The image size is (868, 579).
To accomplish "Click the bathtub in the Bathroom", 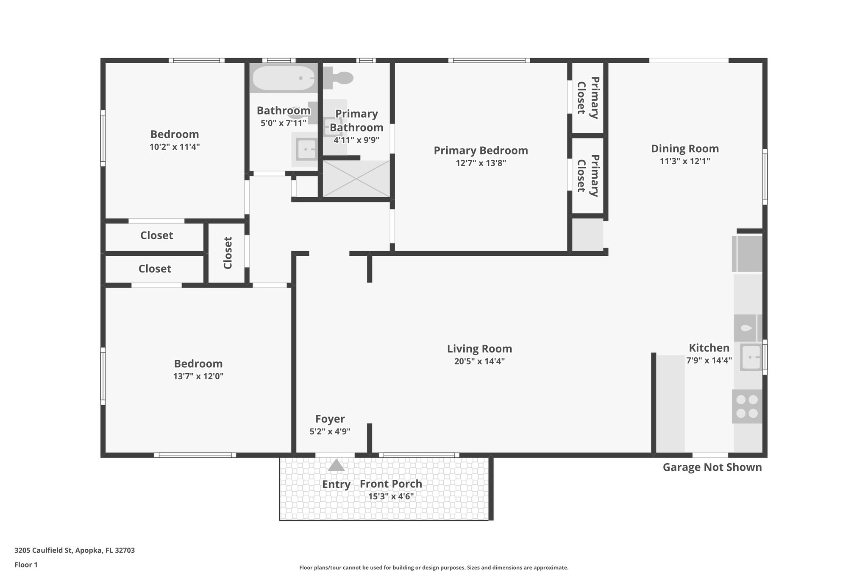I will (283, 78).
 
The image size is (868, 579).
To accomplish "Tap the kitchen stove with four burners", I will (747, 406).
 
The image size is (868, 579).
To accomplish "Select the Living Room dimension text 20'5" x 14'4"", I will (479, 361).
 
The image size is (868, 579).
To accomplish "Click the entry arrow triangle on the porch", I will (336, 465).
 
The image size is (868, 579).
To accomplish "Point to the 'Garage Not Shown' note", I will (712, 467).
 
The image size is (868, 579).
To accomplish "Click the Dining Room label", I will (684, 149).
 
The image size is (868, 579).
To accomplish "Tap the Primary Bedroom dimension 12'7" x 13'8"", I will (481, 163).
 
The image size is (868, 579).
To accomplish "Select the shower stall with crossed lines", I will (356, 179).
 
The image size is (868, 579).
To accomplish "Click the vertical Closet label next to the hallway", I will (228, 253).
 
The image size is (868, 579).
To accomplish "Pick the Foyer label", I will (330, 419).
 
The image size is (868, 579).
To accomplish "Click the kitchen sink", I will (751, 357).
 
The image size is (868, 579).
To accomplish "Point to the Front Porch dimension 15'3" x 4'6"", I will (391, 496).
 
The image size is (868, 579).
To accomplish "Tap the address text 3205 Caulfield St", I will (75, 550).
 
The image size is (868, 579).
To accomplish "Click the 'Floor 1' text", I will (26, 565).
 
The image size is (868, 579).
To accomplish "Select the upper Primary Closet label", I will (588, 98).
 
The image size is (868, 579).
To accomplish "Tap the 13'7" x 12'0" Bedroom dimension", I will (198, 376).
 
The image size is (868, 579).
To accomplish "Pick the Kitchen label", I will (709, 348).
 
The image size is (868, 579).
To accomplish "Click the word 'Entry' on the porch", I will (336, 484).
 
